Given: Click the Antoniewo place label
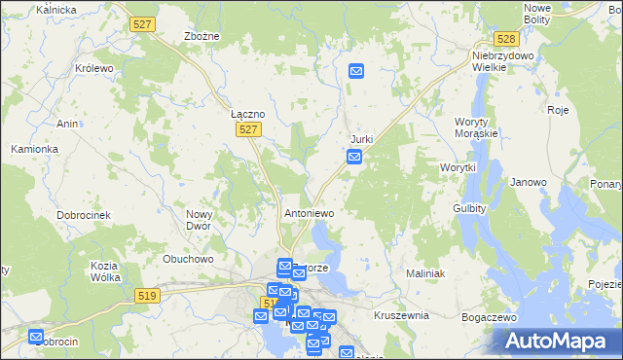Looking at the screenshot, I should click(310, 213).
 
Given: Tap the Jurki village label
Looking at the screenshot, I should click(361, 140).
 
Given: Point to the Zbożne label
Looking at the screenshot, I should click(202, 36).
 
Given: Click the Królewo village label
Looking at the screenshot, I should click(95, 70).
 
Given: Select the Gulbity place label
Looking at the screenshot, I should click(470, 209).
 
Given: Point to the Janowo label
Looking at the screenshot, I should click(529, 182).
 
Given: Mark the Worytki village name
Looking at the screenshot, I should click(458, 167).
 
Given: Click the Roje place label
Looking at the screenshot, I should click(558, 110).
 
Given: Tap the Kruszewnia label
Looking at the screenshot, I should click(401, 316).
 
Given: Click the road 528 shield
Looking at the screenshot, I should click(505, 39).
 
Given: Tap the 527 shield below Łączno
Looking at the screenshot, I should click(249, 129).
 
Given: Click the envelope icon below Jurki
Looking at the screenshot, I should click(356, 156).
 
